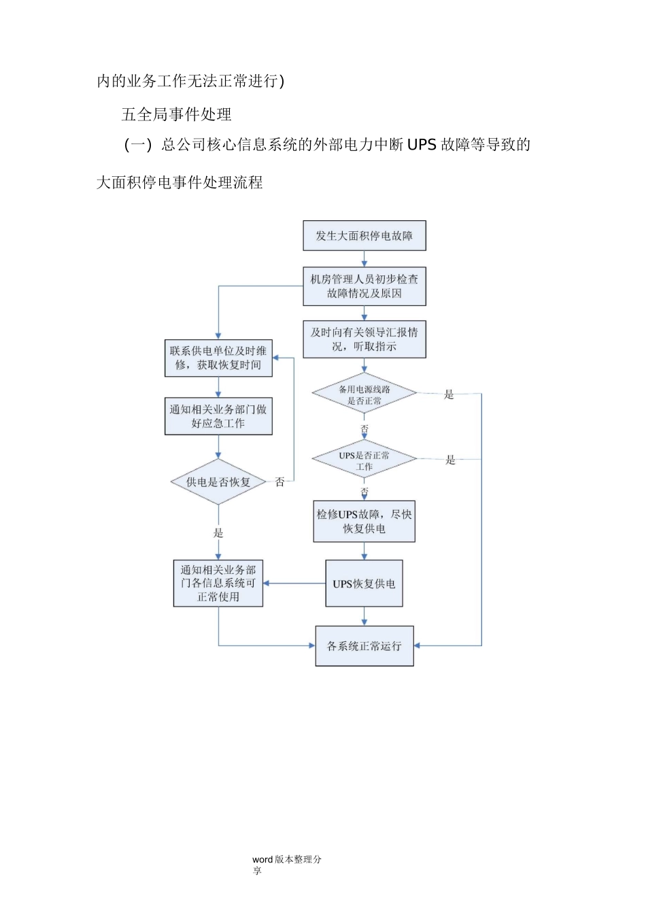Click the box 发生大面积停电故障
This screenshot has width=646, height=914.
point(364,236)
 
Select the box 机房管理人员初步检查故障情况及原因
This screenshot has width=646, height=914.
point(364,286)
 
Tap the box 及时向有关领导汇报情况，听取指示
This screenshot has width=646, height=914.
point(364,339)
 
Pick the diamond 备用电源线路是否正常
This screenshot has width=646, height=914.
point(364,394)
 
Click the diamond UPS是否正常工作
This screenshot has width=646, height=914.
point(364,460)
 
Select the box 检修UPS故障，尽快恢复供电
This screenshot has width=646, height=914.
point(364,522)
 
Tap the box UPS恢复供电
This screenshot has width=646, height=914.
point(364,583)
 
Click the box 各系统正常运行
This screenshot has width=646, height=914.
point(364,646)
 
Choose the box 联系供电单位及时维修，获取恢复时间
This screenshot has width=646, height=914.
point(218,358)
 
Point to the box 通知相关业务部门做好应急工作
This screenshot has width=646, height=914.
point(218,416)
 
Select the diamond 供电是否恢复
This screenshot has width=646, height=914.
point(218,482)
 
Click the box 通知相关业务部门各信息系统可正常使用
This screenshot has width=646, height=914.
point(218,583)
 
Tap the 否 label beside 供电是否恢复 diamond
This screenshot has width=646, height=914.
point(279,482)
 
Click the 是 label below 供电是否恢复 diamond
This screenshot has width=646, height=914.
point(218,533)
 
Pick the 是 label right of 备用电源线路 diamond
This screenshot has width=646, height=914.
point(449,394)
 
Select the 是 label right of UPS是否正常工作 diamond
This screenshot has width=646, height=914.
point(450,460)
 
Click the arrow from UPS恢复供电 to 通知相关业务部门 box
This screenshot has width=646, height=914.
point(294,583)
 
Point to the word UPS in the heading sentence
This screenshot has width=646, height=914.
point(422,145)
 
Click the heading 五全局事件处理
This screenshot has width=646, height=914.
point(177,114)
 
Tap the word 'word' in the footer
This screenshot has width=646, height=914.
point(262,860)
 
